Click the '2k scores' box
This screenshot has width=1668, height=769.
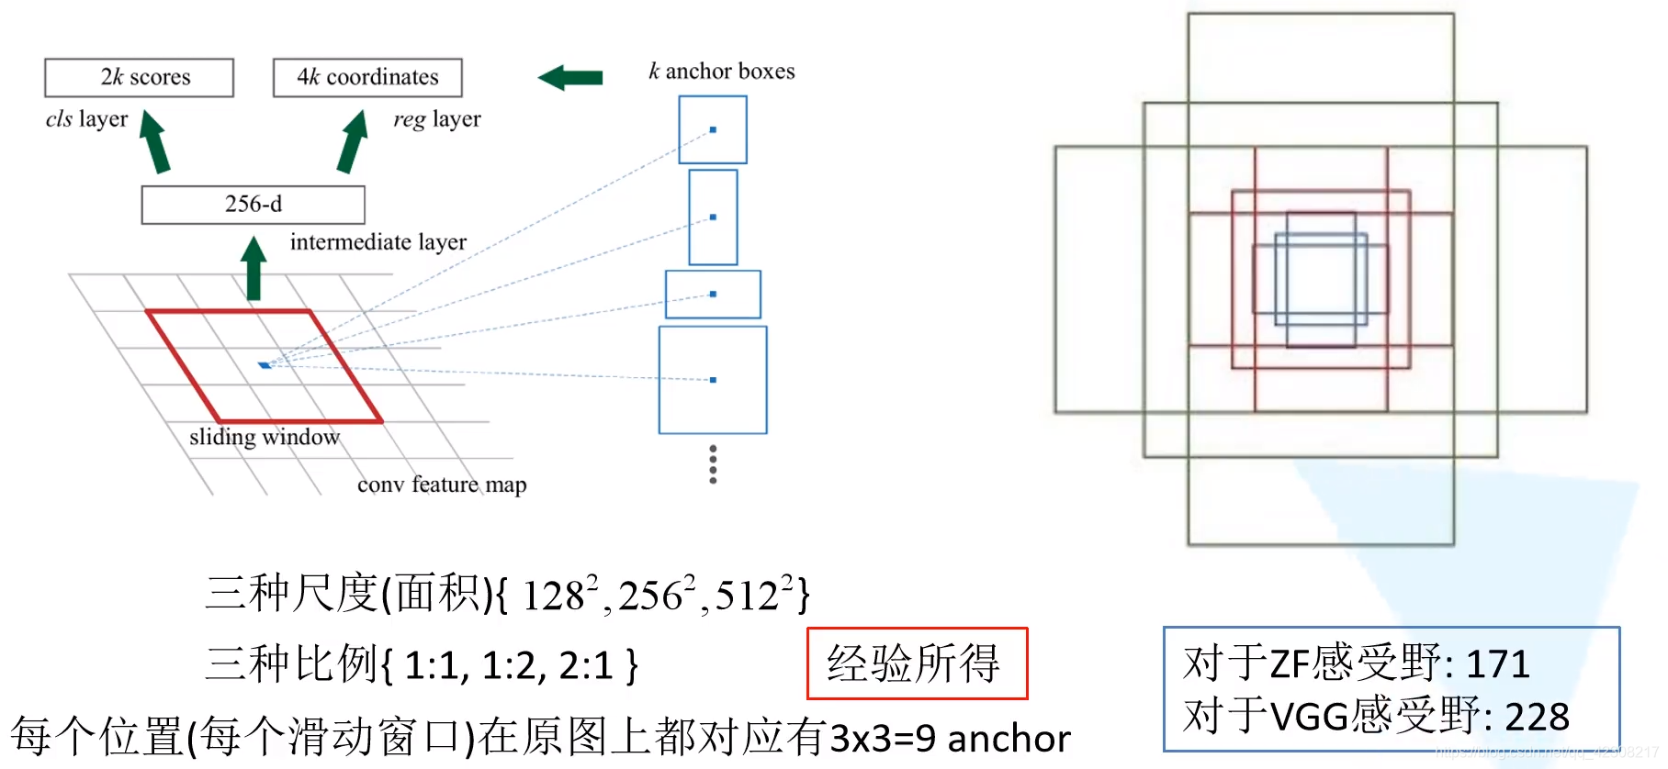(139, 78)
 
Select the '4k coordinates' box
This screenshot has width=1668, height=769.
(367, 78)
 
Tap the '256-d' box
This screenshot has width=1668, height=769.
(253, 205)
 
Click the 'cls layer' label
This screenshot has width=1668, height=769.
(86, 119)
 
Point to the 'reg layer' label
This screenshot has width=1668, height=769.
(436, 119)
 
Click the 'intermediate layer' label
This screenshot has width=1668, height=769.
(378, 242)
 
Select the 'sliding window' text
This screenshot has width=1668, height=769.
(264, 437)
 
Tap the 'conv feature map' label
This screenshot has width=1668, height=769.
(442, 485)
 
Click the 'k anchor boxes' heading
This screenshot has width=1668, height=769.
(721, 72)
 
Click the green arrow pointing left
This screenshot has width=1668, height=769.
(570, 78)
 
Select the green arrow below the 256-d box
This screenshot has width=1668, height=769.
(254, 268)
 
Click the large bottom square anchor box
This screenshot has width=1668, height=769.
(713, 380)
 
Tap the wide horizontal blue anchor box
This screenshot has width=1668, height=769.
(713, 295)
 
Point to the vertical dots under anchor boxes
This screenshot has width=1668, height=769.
(713, 464)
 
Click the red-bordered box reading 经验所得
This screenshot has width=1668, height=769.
(917, 663)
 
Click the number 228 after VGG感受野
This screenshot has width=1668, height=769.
(1537, 717)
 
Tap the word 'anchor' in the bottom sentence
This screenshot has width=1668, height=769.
(1009, 739)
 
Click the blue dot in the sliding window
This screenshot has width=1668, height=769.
(265, 365)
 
